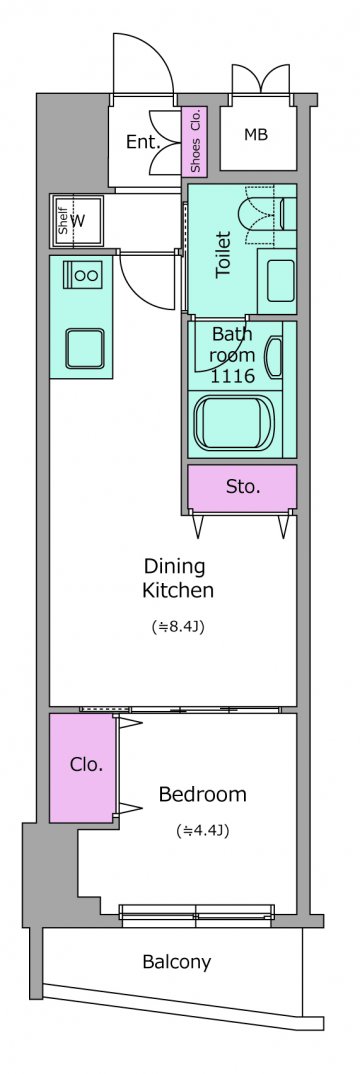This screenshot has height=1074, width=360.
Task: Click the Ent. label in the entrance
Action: pos(142,142)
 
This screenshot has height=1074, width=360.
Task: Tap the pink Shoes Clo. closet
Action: pos(196,141)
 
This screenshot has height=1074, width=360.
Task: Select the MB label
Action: pos(255,135)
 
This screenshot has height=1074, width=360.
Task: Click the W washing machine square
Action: pos(77,221)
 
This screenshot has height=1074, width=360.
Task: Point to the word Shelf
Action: pos(62,221)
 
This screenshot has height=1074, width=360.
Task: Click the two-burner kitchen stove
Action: pos(82,275)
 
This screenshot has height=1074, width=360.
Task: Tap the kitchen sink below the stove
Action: pos(85,349)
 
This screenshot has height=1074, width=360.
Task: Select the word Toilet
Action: pos(223,255)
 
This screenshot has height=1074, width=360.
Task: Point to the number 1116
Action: pos(233,375)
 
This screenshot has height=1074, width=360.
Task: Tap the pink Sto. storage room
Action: pos(242,487)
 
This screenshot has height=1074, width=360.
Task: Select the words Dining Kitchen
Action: pos(177,578)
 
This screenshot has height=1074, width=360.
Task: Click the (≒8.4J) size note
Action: pos(177,626)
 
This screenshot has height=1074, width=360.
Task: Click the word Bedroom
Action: pos(202,795)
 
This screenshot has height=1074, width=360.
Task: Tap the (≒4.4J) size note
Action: pos(202,831)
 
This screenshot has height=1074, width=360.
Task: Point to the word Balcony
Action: pos(177,962)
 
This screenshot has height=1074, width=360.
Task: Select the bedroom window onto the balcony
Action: pos(196,912)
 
